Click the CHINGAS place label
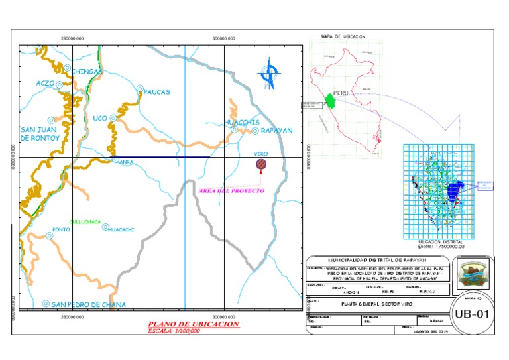point(87,71)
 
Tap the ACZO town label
point(45,84)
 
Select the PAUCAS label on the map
point(157,91)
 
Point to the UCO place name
point(100,118)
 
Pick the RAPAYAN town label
point(276,131)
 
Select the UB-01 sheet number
point(471,314)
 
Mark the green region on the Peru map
point(329,101)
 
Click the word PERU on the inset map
point(341,93)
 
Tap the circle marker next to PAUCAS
point(140,88)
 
